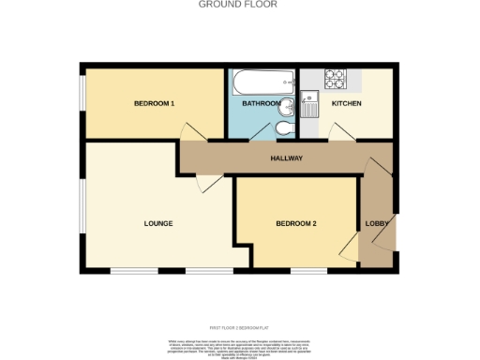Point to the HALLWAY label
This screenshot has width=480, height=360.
point(286,158)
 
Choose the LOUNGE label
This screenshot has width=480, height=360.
point(157,223)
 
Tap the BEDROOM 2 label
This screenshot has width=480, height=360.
point(295,223)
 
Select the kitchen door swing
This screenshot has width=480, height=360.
point(340,136)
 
